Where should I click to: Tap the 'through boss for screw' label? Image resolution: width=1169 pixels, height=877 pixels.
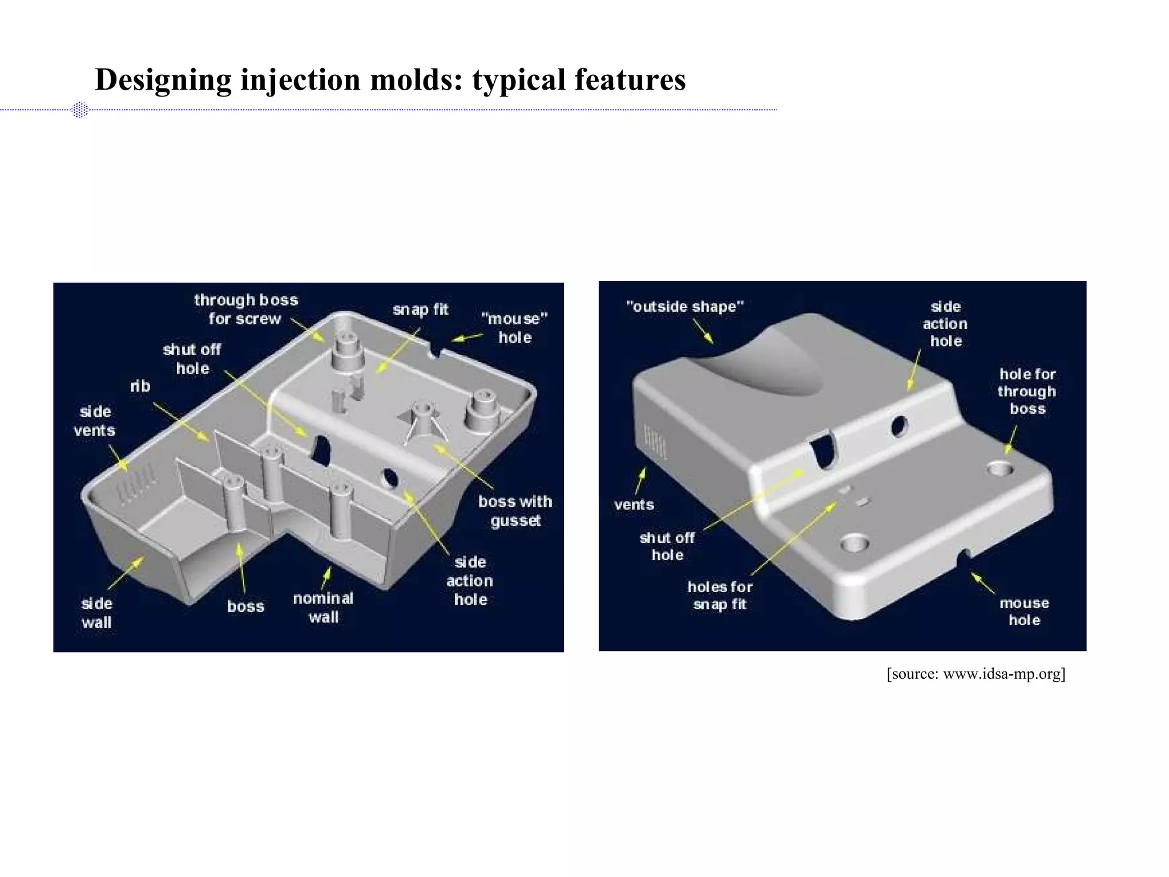(245, 309)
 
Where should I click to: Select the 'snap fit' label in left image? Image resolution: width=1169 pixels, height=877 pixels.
(420, 309)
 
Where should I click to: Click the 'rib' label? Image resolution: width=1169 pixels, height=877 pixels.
(140, 387)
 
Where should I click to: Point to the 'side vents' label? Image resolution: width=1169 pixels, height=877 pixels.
(95, 421)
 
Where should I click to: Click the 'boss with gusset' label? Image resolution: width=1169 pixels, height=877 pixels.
(515, 510)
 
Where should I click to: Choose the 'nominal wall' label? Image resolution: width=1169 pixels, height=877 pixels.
(323, 608)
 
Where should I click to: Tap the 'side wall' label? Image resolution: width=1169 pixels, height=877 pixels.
(96, 613)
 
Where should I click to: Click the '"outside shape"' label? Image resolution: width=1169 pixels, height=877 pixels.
(684, 307)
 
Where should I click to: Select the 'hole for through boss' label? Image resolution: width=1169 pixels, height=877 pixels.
(1027, 392)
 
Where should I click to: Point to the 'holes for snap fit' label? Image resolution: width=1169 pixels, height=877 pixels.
(719, 596)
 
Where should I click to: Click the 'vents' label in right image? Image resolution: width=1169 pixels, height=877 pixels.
(634, 505)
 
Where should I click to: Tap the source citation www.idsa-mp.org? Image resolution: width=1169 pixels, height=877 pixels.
(975, 674)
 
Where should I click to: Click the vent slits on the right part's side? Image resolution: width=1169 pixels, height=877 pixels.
(655, 442)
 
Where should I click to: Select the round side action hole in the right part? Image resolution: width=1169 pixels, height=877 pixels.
(898, 425)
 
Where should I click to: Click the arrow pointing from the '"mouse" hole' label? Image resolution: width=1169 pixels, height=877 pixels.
(467, 338)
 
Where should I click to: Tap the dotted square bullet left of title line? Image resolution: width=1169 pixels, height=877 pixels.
(80, 110)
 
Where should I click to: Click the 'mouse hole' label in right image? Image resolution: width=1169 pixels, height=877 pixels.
(1024, 612)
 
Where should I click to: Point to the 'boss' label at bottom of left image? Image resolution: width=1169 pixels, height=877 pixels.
(245, 606)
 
